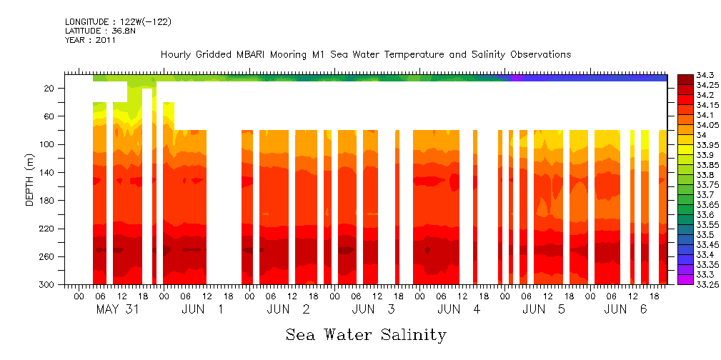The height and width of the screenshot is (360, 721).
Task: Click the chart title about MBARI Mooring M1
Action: (x=366, y=55)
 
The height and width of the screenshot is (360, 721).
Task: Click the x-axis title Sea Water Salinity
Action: (x=366, y=334)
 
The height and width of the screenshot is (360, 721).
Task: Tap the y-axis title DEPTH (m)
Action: (x=30, y=179)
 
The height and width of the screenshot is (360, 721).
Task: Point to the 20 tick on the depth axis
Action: (x=50, y=88)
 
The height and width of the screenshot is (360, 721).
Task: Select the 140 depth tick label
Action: (x=48, y=172)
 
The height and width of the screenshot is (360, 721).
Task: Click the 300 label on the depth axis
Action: (x=48, y=284)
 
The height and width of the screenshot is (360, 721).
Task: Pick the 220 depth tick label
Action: (x=48, y=229)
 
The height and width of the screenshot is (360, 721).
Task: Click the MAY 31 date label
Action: (x=117, y=309)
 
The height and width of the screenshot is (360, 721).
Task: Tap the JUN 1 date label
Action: (x=203, y=309)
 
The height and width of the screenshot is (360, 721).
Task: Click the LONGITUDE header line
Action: (x=118, y=22)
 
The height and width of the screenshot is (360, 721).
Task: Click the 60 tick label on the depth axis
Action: (x=50, y=116)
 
